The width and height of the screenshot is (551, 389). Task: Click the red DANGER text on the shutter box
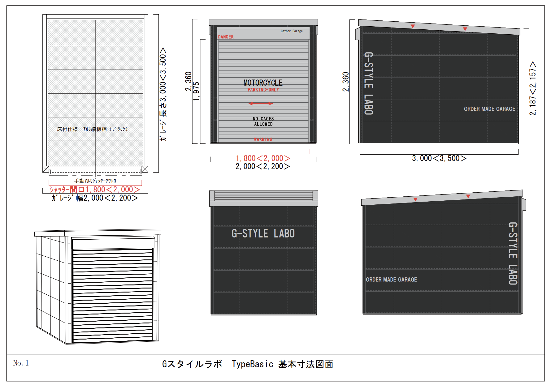[226, 37]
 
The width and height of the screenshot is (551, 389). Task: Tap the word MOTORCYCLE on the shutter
[263, 83]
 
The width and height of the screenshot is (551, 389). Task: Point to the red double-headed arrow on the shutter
[261, 104]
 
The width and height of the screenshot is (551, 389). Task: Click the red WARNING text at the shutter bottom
[263, 139]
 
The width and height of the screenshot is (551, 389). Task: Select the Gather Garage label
[292, 31]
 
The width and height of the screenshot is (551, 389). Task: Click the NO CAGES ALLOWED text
[263, 121]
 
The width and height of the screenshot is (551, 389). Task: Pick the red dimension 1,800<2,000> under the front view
[263, 158]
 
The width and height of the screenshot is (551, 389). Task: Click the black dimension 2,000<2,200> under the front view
[263, 166]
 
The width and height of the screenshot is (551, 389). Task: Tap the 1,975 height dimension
[196, 92]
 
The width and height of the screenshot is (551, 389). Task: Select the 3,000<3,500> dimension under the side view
[439, 158]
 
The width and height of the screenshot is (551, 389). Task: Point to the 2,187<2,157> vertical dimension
[532, 88]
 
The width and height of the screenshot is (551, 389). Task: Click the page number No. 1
[21, 363]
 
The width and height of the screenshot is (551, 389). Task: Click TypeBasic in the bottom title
[253, 364]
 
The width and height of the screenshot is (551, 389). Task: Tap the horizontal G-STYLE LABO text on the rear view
[263, 233]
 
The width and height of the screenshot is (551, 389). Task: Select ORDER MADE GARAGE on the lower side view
[391, 280]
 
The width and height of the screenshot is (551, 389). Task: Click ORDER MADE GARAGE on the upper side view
[489, 109]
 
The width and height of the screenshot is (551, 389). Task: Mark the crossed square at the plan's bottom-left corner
[46, 169]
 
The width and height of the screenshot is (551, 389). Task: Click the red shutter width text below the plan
[95, 189]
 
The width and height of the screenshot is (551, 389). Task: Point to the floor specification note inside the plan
[92, 129]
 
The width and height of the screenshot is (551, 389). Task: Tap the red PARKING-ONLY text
[263, 90]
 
